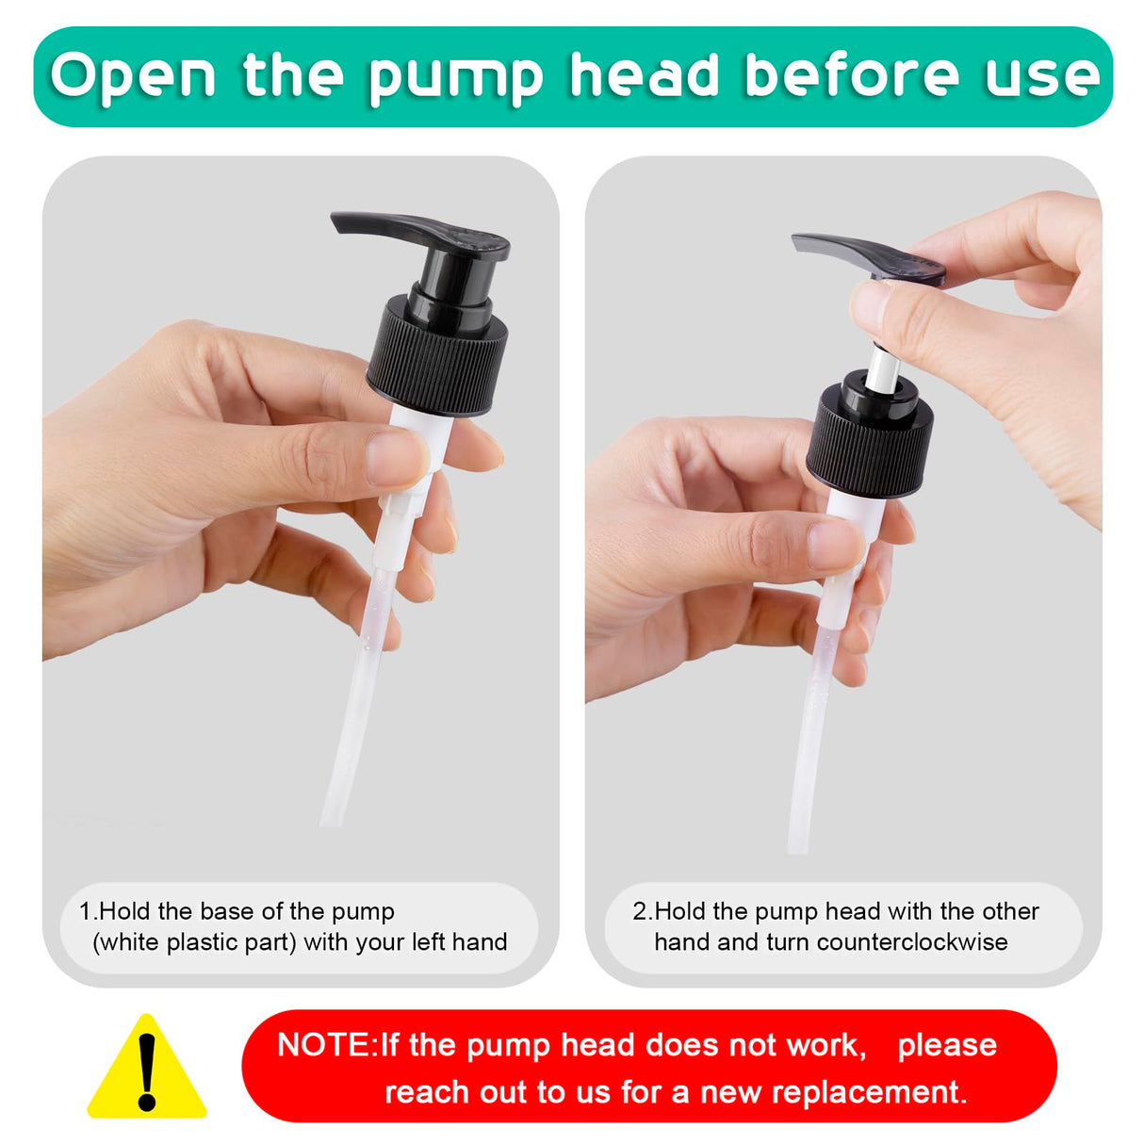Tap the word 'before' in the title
click(851, 74)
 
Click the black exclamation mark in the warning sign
click(147, 1072)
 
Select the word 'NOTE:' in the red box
click(326, 1044)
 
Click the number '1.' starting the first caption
click(89, 911)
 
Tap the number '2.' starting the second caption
click(643, 911)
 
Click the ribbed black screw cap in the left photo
click(437, 356)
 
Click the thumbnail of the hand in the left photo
click(396, 458)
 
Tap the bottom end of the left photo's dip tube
click(331, 825)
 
